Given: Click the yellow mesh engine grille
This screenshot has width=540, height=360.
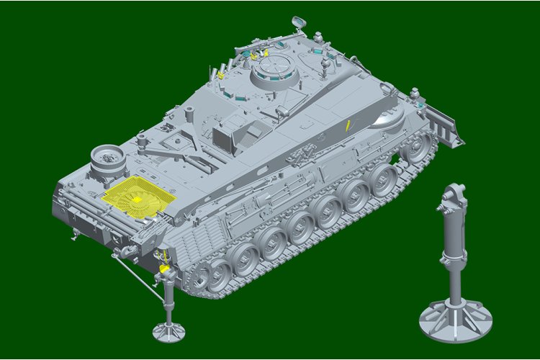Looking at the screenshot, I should pyautogui.click(x=137, y=197).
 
